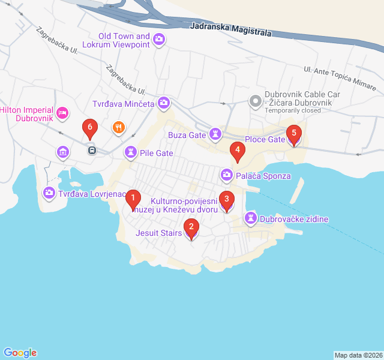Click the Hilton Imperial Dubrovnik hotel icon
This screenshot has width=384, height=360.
62,113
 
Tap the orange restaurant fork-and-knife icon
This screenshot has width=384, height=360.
118,127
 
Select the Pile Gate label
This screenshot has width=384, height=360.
156,153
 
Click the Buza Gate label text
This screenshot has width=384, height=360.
187,135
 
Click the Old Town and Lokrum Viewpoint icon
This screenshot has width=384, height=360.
159,40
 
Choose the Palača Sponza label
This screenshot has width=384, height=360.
263,176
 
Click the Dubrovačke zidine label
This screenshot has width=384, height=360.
294,219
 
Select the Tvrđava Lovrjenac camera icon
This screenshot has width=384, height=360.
49,193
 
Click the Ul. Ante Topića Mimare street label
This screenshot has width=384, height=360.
340,79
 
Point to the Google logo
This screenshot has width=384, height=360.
20,353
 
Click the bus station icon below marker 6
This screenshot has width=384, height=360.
91,150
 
